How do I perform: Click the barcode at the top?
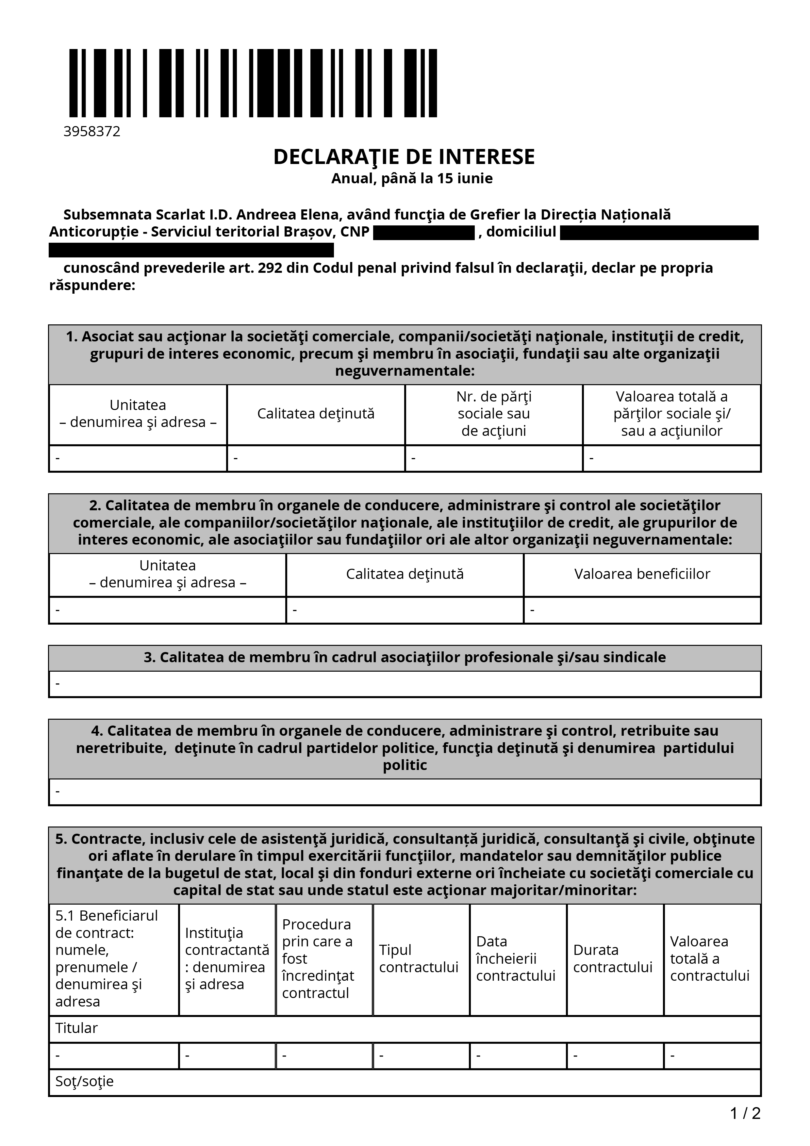(253, 83)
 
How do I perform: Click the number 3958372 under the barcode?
(92, 131)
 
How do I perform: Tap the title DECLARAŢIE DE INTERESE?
(404, 157)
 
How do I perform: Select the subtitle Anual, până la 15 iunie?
(412, 178)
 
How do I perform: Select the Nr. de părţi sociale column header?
(494, 414)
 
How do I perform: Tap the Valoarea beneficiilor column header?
(642, 574)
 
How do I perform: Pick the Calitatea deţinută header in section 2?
(405, 574)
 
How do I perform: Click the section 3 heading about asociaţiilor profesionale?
(405, 657)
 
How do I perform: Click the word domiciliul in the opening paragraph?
(521, 232)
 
